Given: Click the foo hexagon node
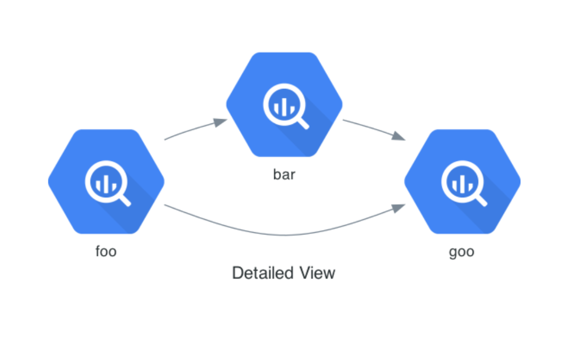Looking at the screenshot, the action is pyautogui.click(x=106, y=182).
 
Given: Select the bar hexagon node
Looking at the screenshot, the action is pyautogui.click(x=284, y=105).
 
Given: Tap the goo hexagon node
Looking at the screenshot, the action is pyautogui.click(x=462, y=182).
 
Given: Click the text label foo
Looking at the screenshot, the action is pyautogui.click(x=106, y=251).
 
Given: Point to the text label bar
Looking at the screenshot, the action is pyautogui.click(x=284, y=175).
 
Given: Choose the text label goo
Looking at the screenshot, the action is pyautogui.click(x=462, y=252).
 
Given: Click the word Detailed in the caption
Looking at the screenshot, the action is pyautogui.click(x=263, y=273).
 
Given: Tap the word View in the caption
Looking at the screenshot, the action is pyautogui.click(x=317, y=273).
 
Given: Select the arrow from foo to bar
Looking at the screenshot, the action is pyautogui.click(x=195, y=129).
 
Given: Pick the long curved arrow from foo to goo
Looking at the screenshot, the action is pyautogui.click(x=284, y=234).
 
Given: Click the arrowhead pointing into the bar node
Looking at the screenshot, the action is pyautogui.click(x=221, y=122).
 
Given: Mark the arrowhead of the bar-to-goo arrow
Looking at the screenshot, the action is pyautogui.click(x=399, y=136).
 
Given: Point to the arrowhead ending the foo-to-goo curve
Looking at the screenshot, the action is pyautogui.click(x=399, y=208).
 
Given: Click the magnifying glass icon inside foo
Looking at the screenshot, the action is pyautogui.click(x=108, y=183).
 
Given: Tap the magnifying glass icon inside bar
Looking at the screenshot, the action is pyautogui.click(x=286, y=106).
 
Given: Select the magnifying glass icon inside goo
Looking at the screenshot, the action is pyautogui.click(x=464, y=183).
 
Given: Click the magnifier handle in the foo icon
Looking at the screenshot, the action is pyautogui.click(x=124, y=200).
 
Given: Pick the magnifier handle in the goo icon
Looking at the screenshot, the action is pyautogui.click(x=481, y=200).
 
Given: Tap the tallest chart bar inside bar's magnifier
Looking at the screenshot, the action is pyautogui.click(x=284, y=106).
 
